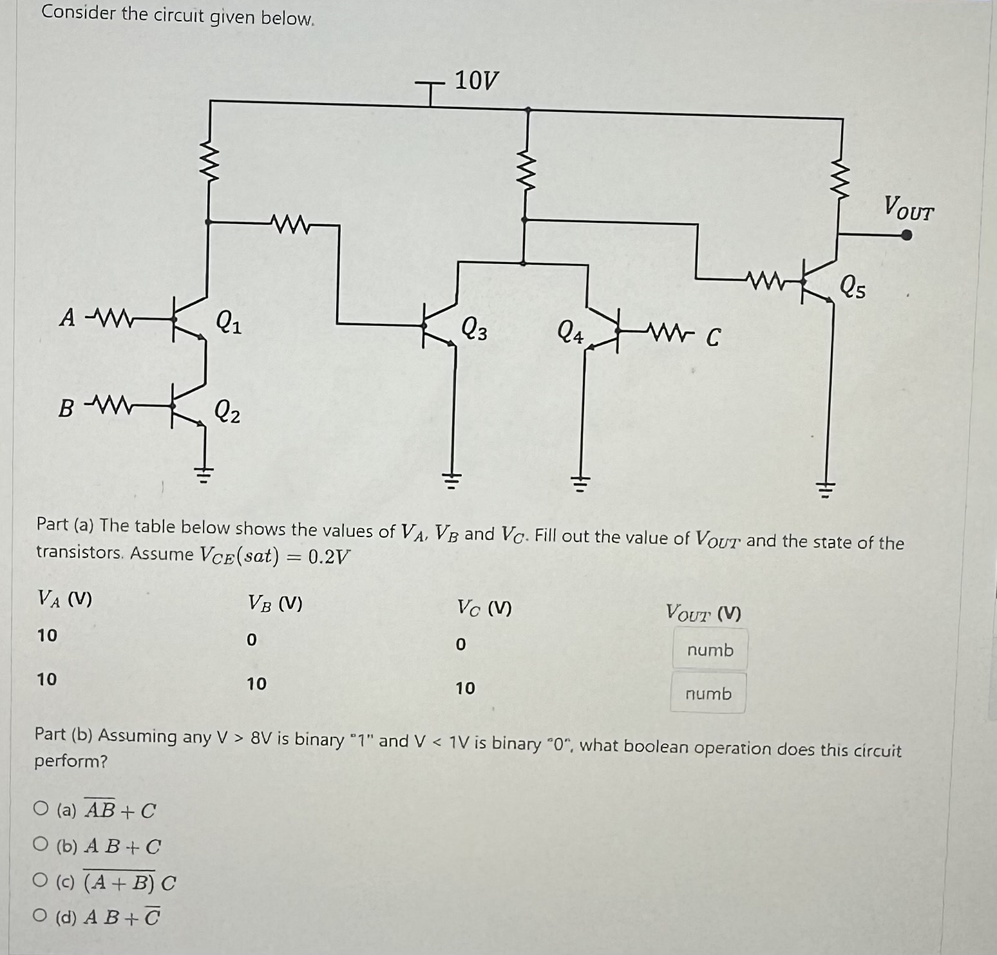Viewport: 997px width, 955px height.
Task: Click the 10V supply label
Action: click(x=476, y=80)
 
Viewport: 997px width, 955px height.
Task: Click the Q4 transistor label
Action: click(x=570, y=332)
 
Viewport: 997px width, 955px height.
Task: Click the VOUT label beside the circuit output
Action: click(x=908, y=208)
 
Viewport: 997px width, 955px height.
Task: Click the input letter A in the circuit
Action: click(x=67, y=317)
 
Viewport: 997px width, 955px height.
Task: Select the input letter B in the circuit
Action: click(x=66, y=408)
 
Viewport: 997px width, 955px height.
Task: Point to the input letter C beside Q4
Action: click(x=712, y=337)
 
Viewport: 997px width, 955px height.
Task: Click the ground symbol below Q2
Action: click(x=204, y=476)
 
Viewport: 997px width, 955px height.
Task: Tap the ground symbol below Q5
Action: click(x=826, y=492)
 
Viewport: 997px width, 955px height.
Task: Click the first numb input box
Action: click(x=710, y=650)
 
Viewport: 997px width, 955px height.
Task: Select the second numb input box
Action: click(x=708, y=694)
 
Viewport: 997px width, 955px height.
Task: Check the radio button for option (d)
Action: click(x=41, y=914)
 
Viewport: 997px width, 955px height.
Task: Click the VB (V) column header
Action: click(x=275, y=603)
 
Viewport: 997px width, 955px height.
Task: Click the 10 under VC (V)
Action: click(x=465, y=688)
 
